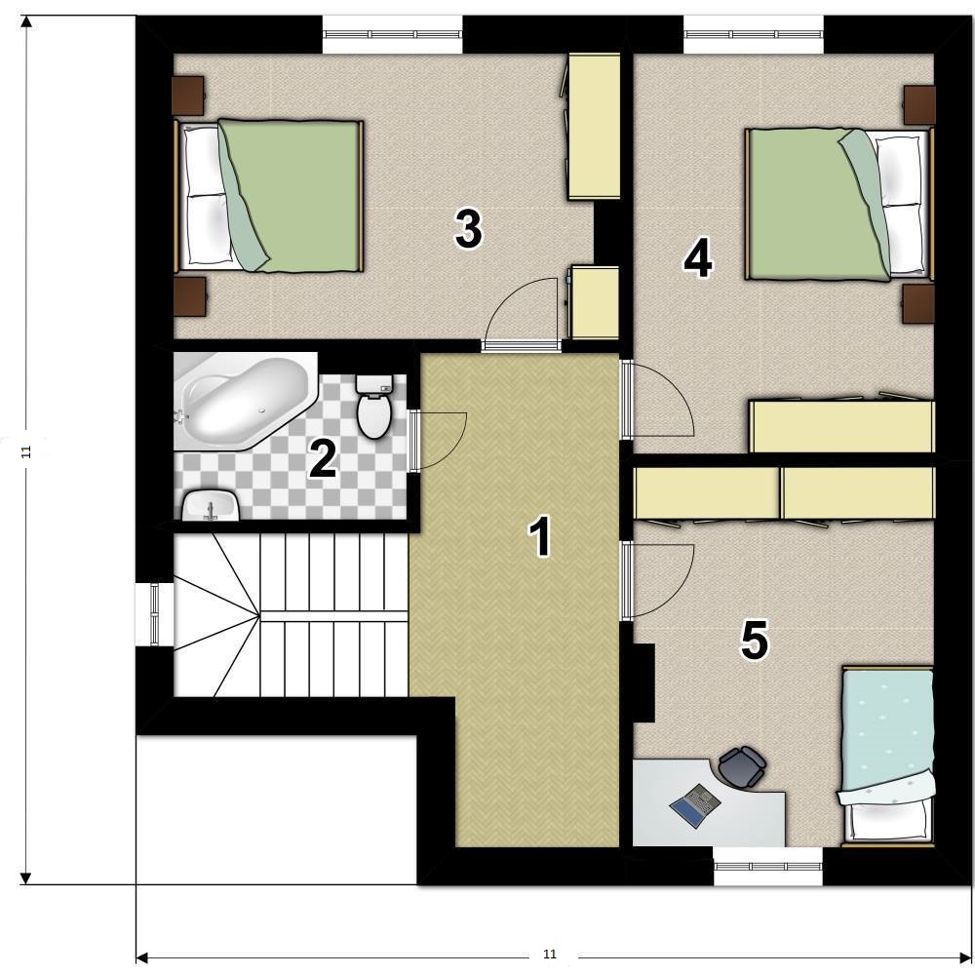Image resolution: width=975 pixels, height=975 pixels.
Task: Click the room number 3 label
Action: point(468,228)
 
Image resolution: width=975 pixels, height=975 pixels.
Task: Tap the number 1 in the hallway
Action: point(540,536)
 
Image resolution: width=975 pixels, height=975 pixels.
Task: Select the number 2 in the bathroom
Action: point(324,459)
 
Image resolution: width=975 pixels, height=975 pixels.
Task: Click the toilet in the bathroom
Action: point(373,407)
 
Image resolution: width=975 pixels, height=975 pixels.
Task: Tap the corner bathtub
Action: point(246,401)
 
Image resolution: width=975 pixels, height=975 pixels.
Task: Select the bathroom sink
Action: point(211,505)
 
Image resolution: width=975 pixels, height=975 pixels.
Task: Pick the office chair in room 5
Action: point(742,766)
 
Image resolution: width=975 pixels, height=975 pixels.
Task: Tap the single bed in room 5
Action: point(887,757)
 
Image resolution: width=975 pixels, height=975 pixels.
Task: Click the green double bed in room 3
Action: point(269,196)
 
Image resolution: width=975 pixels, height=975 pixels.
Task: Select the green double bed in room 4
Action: point(839,204)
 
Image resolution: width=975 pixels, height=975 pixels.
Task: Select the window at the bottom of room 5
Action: point(768,866)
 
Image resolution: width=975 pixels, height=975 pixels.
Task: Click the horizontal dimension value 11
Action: point(550,955)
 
